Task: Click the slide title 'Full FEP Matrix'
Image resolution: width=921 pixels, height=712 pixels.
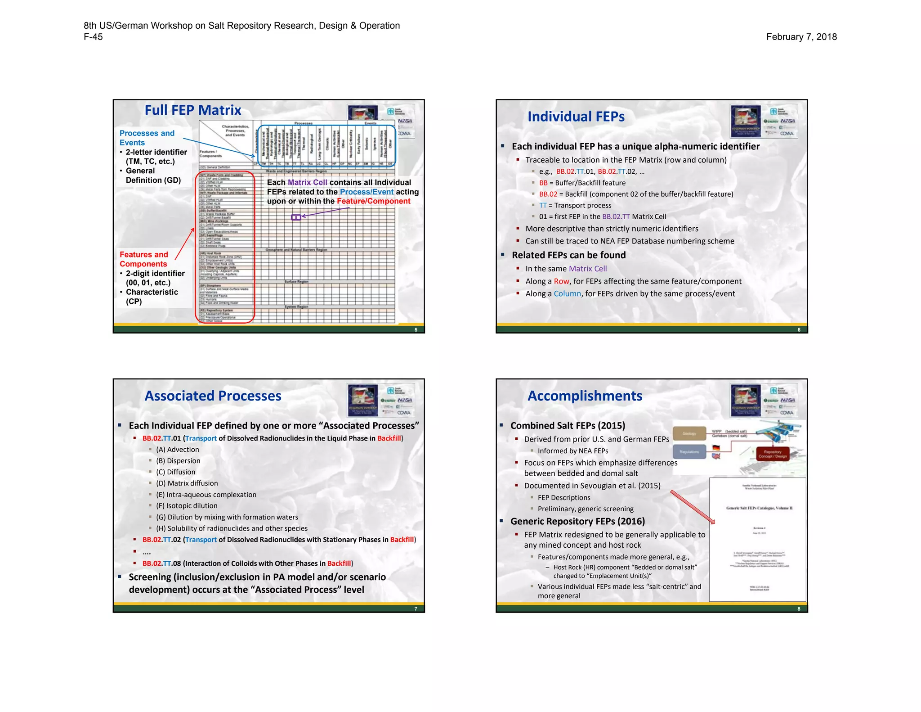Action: tap(192, 110)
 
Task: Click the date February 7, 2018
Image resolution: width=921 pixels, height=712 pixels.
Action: tap(801, 37)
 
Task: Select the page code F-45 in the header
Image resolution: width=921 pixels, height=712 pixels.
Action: tap(93, 37)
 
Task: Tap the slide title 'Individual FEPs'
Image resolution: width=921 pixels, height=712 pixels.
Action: tap(576, 117)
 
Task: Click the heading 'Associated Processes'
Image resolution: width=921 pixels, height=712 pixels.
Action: tap(213, 396)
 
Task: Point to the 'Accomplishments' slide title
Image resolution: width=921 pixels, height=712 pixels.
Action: tap(585, 396)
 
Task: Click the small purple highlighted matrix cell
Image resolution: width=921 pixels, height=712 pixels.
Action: tap(296, 217)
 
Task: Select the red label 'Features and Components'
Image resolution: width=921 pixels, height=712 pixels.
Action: tap(143, 259)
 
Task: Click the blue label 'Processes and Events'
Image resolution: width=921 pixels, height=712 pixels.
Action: tap(147, 138)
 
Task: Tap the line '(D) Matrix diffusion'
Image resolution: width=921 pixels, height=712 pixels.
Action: tap(187, 483)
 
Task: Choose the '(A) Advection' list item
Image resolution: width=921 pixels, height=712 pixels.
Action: tap(177, 450)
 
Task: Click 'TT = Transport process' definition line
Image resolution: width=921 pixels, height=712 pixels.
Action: tap(575, 205)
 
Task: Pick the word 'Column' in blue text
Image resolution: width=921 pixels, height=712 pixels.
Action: tap(567, 293)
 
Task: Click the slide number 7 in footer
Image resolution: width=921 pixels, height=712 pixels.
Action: tap(416, 609)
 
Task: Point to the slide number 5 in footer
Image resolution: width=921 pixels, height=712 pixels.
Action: tap(416, 330)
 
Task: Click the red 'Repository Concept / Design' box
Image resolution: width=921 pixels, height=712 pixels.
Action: tap(772, 454)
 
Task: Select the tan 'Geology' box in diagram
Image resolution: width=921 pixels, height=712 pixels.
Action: tap(689, 433)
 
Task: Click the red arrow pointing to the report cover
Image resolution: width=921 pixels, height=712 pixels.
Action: tap(693, 507)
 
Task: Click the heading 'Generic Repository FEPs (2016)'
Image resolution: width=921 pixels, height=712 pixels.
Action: tap(577, 521)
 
